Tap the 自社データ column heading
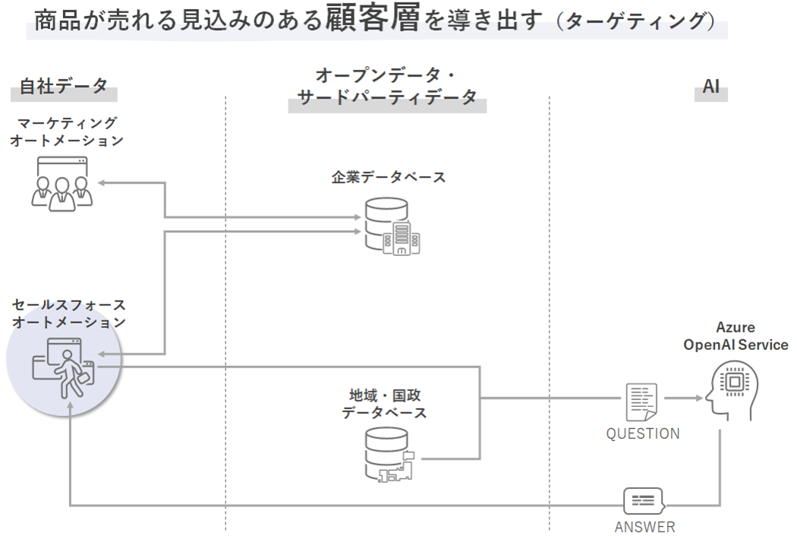coord(64,87)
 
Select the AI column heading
coord(710,87)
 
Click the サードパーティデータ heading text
coord(387,97)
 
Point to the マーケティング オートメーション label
coord(67,131)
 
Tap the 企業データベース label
coord(388,177)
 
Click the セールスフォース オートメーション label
coord(69,313)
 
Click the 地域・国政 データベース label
coord(385,404)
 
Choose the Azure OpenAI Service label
coord(736,336)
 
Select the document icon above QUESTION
coord(641,402)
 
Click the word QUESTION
coord(642,434)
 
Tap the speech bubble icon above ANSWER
coord(643,501)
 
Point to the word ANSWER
coord(644,527)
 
